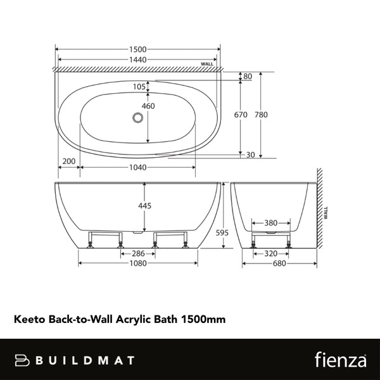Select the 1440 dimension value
point(137,60)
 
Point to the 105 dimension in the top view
point(139,87)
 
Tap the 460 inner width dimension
point(148,106)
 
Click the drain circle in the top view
point(137,117)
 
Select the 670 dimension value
point(240,115)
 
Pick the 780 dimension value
point(260,115)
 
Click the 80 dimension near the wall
point(248,77)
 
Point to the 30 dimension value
point(251,155)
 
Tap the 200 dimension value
point(68,161)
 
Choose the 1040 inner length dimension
point(137,168)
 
